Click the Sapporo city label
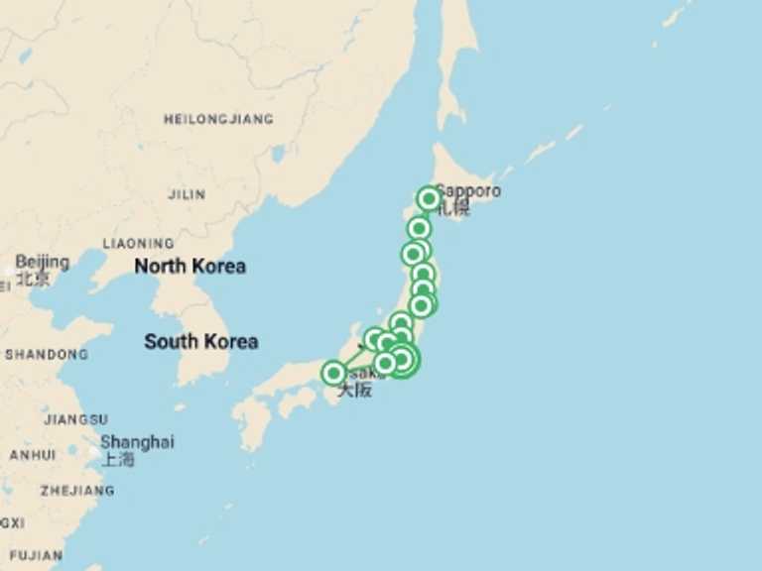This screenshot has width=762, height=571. pos(469,190)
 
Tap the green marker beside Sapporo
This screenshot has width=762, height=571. pos(429,198)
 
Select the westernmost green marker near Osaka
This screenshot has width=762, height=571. pos(334,373)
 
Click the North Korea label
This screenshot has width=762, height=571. pos(190,266)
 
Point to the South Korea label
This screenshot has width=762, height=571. pos(200,341)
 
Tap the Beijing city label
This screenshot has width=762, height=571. pos(43,262)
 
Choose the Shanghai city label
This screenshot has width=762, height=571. pos(137,441)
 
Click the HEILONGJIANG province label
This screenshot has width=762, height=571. pos(218,119)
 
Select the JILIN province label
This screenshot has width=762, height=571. pos(187,194)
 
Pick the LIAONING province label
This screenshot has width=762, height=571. pos(138,243)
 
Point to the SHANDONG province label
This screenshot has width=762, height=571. pos(46,354)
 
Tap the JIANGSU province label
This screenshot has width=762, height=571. pos(75,419)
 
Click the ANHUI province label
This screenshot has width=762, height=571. pos(33,455)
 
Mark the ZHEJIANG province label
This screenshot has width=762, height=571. pos(76,490)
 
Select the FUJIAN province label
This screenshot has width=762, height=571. pos(37,554)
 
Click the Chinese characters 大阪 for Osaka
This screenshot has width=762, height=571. pos(354,390)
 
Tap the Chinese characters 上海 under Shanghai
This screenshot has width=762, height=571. pos(118,458)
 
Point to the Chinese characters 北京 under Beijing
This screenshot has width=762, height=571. pos(34,279)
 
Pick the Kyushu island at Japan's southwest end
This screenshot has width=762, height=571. pos(253,421)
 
